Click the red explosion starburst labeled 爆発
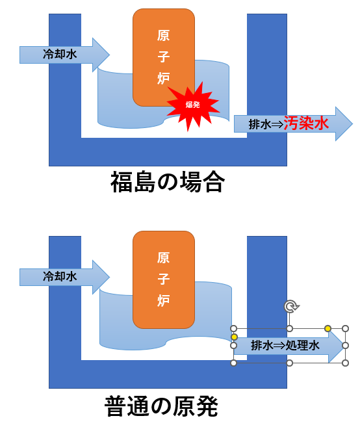tap(194, 105)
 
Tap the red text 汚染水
tap(306, 123)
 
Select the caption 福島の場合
tap(168, 181)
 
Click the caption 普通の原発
tap(161, 406)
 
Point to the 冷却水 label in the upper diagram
tap(60, 54)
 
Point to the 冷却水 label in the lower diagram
tap(60, 276)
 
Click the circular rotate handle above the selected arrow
tap(291, 306)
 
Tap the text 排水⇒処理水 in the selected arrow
tap(285, 345)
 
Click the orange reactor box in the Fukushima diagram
tap(164, 57)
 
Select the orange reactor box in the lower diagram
tap(164, 279)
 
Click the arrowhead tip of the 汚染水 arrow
tap(352, 124)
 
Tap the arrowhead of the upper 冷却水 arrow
tap(101, 55)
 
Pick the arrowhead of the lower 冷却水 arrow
tap(101, 277)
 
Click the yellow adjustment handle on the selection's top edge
tap(328, 328)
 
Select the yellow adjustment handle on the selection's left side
tap(234, 337)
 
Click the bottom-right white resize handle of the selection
tap(345, 363)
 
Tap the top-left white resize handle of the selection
tap(234, 328)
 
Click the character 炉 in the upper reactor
tap(163, 78)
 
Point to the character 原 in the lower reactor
tap(163, 257)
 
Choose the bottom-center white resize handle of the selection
tap(289, 363)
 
